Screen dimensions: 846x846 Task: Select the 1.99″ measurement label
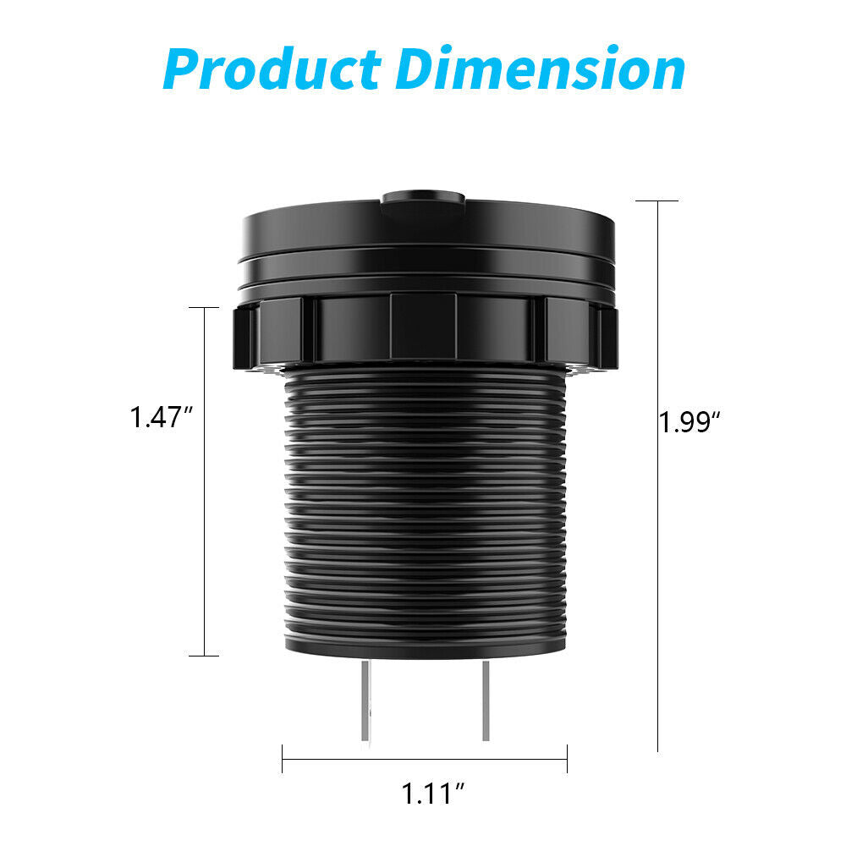pyautogui.click(x=689, y=421)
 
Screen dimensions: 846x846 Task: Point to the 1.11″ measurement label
pyautogui.click(x=433, y=794)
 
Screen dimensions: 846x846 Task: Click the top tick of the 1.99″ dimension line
pyautogui.click(x=657, y=201)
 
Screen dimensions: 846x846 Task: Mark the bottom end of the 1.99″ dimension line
pyautogui.click(x=657, y=750)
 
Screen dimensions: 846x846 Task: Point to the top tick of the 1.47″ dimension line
pyautogui.click(x=204, y=308)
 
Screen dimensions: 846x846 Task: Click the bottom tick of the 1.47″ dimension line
pyautogui.click(x=204, y=655)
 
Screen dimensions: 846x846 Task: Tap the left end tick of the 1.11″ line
pyautogui.click(x=283, y=758)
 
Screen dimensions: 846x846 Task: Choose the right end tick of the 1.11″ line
pyautogui.click(x=567, y=758)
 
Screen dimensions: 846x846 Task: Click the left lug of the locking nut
pyautogui.click(x=243, y=337)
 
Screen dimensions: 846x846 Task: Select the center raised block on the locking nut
pyautogui.click(x=423, y=326)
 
